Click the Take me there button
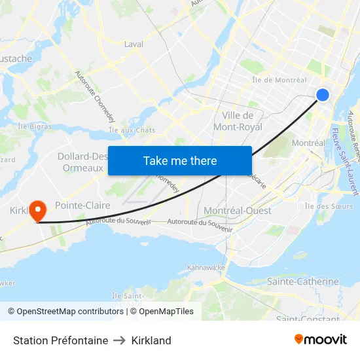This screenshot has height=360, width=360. pos(180,160)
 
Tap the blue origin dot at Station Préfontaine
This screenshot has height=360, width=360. pos(323,95)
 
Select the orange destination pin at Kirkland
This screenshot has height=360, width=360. pos(39,209)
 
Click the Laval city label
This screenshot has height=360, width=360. pos(134,45)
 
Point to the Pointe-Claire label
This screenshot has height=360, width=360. pos(82,205)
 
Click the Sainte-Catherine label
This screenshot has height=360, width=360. pos(303,281)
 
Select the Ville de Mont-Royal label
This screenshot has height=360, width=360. pos(238,121)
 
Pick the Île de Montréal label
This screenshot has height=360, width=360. pos(279,80)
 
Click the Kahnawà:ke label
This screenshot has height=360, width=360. pos(206,268)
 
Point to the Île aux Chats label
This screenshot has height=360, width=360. pos(132,130)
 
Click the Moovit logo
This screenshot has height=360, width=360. pos(321,340)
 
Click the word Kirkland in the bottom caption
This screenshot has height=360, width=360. pos(151,340)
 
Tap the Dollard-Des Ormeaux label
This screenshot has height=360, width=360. pos(82,162)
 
